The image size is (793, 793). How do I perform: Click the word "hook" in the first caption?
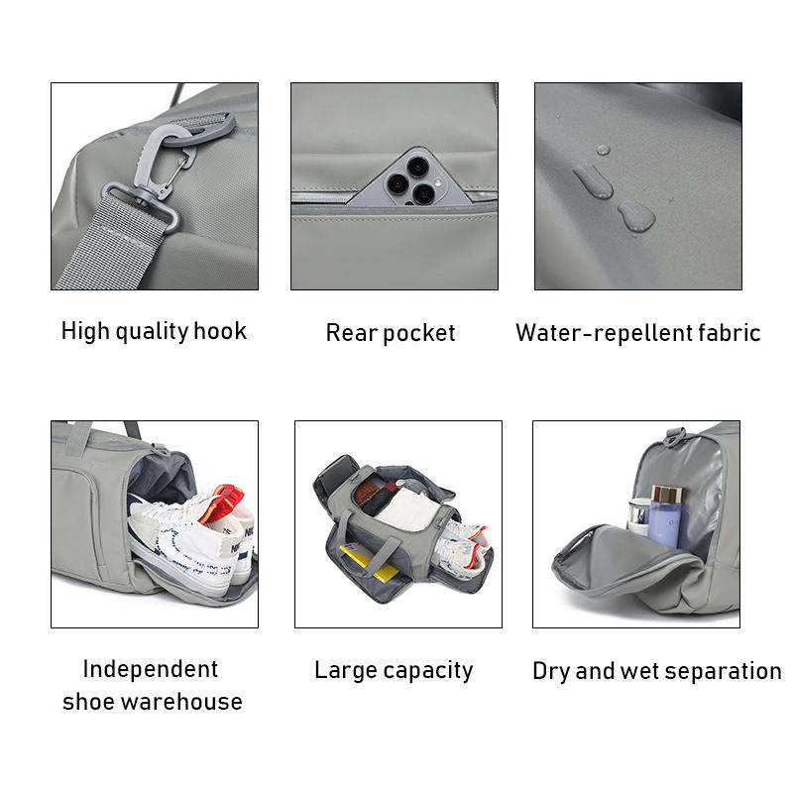220,331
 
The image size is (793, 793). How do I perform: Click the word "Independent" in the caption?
151,669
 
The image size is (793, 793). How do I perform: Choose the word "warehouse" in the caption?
182,702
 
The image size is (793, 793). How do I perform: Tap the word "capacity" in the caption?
428,671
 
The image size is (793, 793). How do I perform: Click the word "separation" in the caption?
724,672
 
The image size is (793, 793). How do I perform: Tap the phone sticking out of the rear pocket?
410,177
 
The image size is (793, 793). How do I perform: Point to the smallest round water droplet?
603,150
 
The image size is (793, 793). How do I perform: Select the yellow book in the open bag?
368,562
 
